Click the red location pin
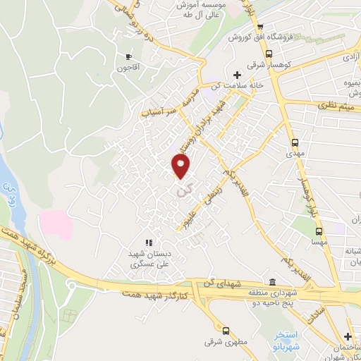pyautogui.click(x=181, y=166)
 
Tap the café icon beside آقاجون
pyautogui.click(x=128, y=56)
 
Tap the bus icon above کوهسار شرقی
pyautogui.click(x=269, y=53)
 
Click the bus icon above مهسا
pyautogui.click(x=319, y=231)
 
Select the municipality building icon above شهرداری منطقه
pyautogui.click(x=272, y=281)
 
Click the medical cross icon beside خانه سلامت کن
pyautogui.click(x=237, y=75)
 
